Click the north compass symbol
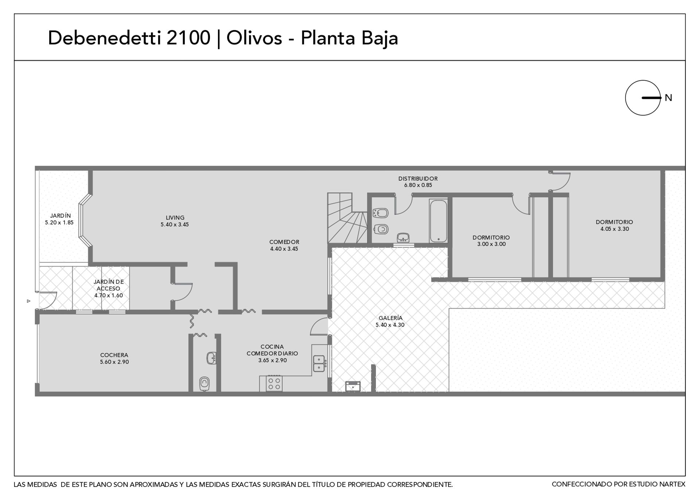click(642, 98)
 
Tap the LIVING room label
click(175, 218)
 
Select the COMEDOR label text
click(284, 242)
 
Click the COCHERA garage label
click(114, 355)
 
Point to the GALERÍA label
click(390, 318)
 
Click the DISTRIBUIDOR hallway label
click(418, 179)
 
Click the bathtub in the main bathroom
click(438, 220)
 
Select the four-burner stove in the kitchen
click(274, 383)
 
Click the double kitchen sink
click(319, 363)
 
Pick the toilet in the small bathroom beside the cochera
click(205, 384)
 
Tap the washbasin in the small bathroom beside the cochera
click(211, 358)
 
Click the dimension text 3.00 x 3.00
click(491, 244)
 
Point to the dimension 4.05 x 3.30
click(615, 229)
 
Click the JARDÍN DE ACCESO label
click(109, 285)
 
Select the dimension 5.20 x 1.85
click(59, 222)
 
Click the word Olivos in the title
click(254, 38)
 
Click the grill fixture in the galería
click(353, 386)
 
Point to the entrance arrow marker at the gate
click(28, 301)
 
